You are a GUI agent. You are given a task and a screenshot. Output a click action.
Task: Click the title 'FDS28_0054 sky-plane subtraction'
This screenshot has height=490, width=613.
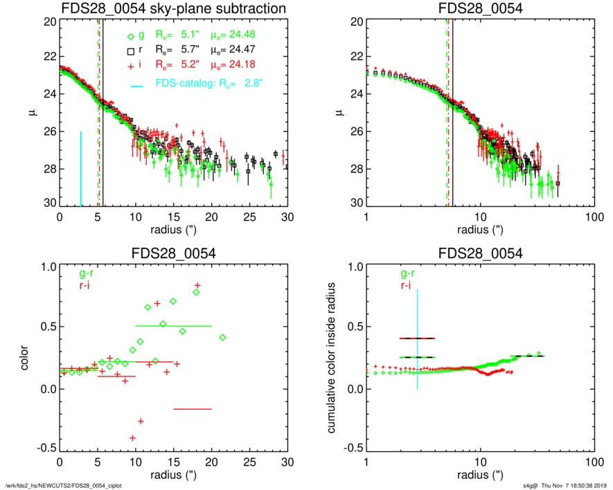(x=173, y=8)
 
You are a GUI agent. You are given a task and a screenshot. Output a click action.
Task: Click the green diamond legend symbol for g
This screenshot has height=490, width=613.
(x=130, y=37)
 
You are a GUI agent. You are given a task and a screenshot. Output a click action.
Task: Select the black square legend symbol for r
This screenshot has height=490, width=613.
(x=130, y=51)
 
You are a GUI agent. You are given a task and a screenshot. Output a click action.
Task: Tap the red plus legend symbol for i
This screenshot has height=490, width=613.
(x=130, y=66)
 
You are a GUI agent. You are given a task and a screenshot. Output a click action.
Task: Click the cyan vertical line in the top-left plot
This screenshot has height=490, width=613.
(x=81, y=168)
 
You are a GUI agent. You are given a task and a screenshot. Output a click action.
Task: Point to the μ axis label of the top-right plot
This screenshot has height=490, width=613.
(x=339, y=111)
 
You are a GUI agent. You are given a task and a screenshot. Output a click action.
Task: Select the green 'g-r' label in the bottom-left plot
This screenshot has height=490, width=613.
(x=89, y=273)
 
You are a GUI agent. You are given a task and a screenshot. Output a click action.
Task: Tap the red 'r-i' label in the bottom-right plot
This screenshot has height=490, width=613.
(x=405, y=284)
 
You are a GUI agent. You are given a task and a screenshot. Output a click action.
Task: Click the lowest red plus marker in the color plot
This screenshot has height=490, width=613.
(x=132, y=438)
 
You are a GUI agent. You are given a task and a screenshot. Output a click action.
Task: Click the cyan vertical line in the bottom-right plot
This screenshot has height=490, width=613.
(x=418, y=339)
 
